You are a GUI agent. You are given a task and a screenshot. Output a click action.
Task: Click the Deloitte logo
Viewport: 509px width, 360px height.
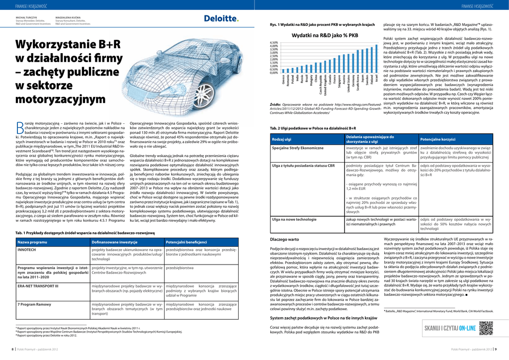(x=221, y=18)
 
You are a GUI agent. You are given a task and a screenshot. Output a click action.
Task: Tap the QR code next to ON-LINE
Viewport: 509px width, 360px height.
(x=486, y=328)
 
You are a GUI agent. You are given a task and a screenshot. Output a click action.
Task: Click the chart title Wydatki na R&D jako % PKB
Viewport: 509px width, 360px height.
(x=325, y=36)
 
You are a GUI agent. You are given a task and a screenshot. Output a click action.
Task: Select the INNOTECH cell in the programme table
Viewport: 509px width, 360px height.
(x=27, y=250)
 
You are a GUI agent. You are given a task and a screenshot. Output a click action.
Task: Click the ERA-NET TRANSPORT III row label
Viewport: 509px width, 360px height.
(x=38, y=286)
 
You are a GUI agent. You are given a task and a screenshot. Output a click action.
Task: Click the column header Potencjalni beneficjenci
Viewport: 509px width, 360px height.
(x=186, y=242)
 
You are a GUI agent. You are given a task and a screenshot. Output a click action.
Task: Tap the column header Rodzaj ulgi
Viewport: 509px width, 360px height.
(x=282, y=139)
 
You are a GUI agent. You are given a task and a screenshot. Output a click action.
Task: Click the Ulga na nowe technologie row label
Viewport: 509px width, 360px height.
(x=294, y=219)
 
